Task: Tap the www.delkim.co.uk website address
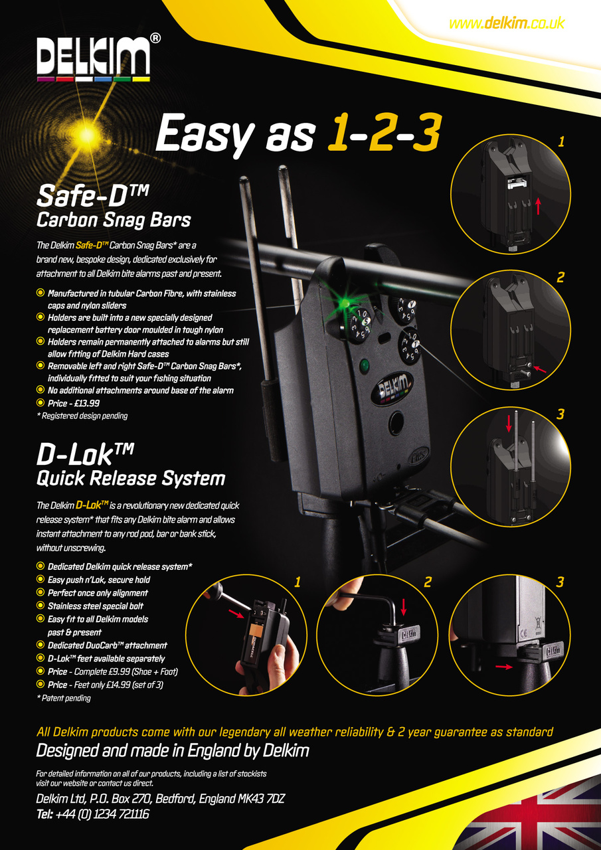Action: point(507,23)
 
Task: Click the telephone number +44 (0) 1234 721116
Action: point(92,813)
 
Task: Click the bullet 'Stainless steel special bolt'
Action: point(95,606)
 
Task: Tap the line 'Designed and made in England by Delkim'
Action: point(172,751)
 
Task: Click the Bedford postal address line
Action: point(160,798)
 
